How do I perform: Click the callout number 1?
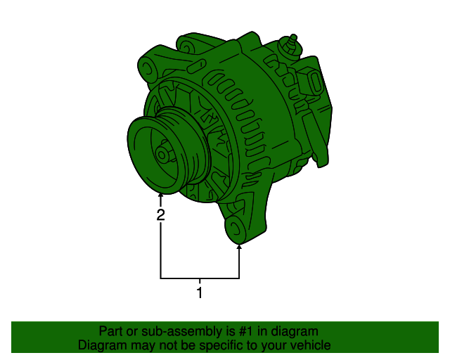click(x=200, y=292)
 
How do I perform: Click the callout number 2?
click(x=161, y=215)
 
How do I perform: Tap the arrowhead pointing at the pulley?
click(x=161, y=196)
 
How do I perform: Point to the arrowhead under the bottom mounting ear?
click(x=240, y=247)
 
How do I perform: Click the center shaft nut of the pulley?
click(x=162, y=154)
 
